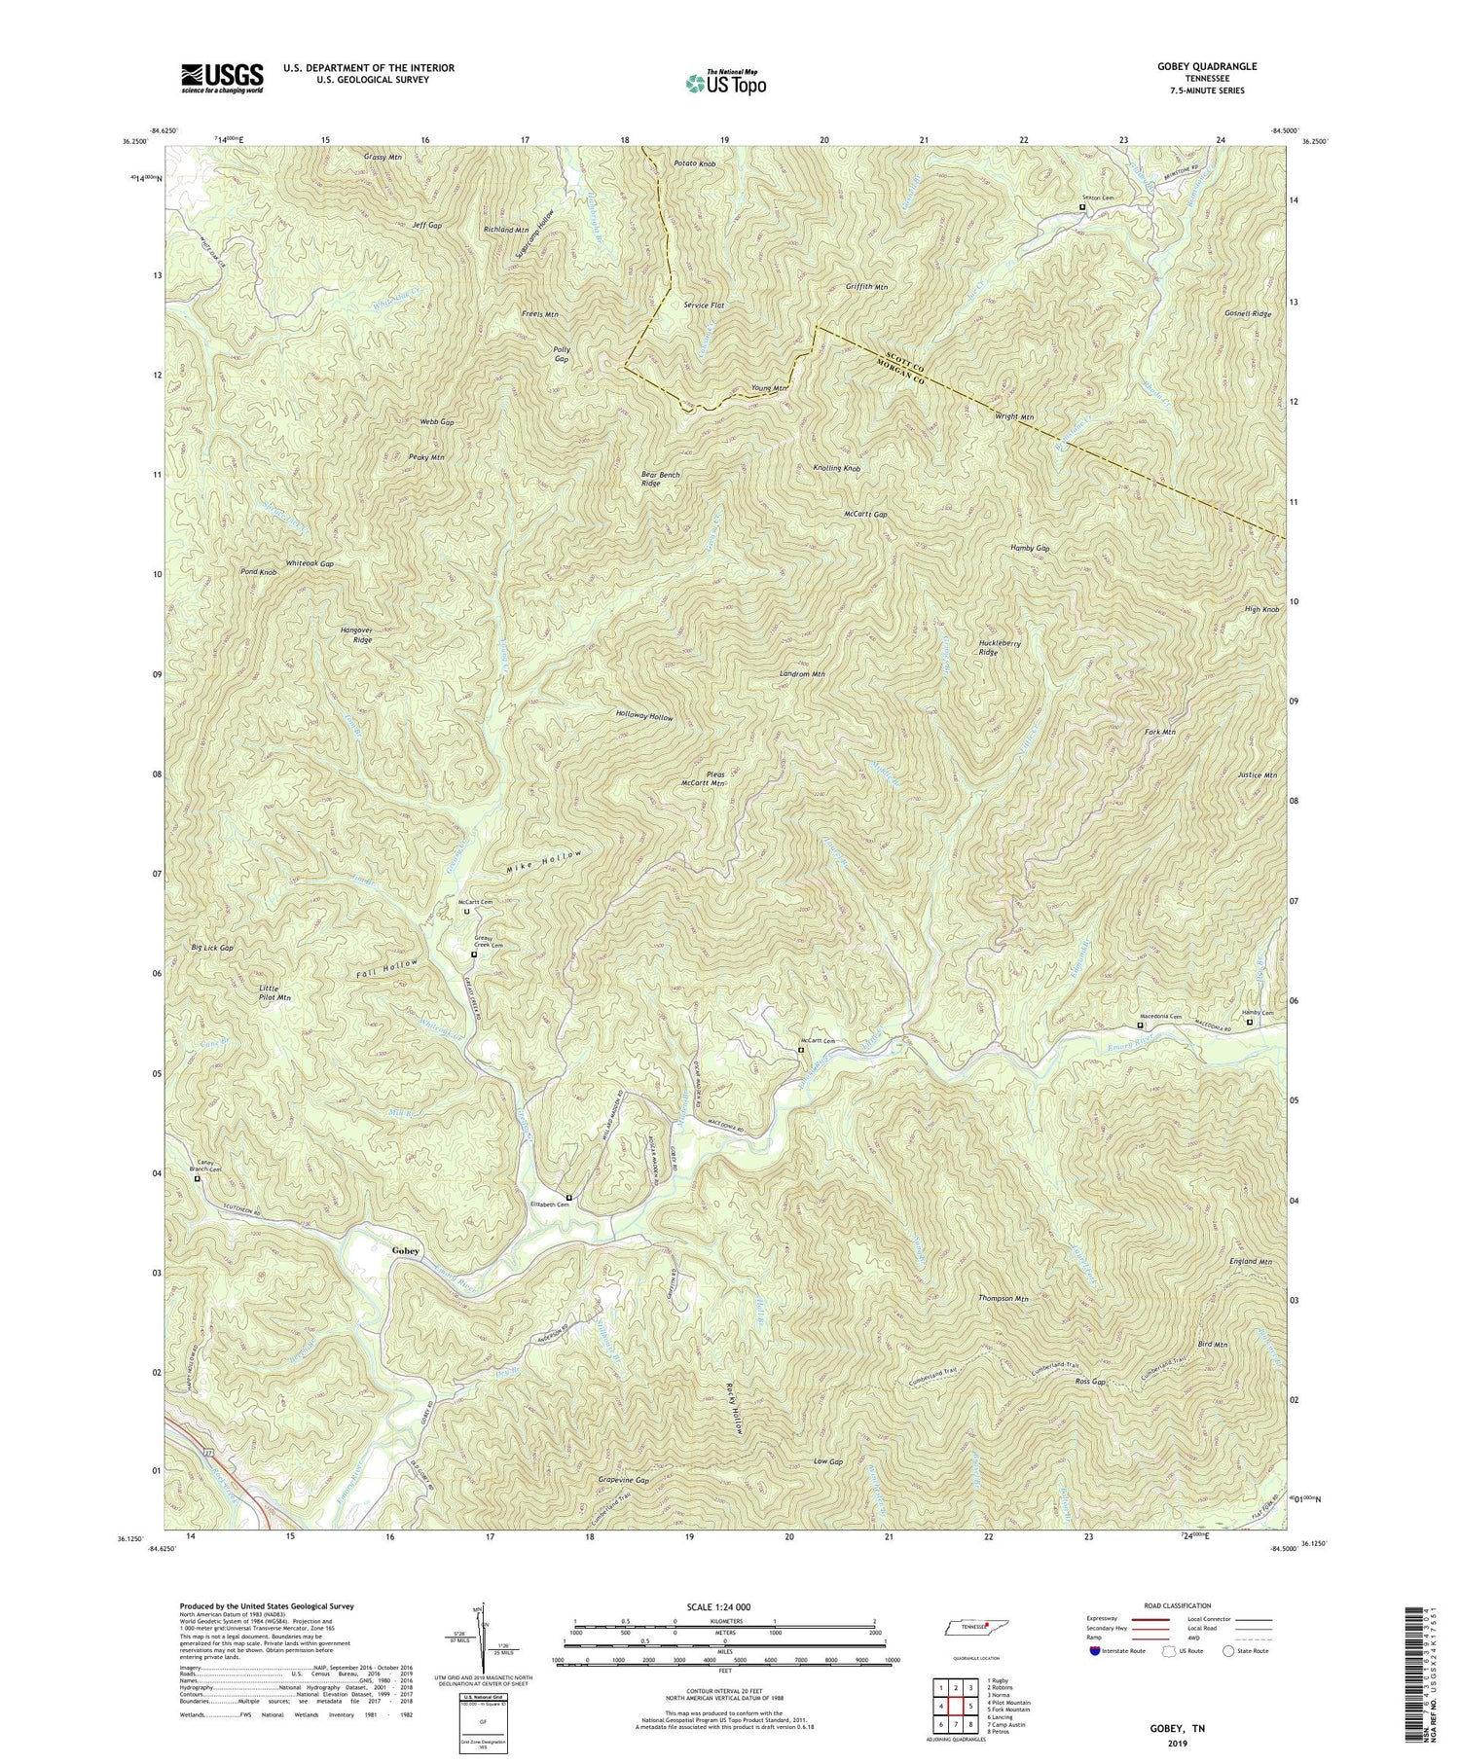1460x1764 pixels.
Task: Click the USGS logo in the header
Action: (x=222, y=78)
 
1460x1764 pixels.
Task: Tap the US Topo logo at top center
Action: (x=725, y=83)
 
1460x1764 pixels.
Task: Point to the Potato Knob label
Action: (x=694, y=164)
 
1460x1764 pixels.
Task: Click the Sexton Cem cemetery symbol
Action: (x=1081, y=206)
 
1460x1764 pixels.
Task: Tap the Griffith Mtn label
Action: (x=866, y=287)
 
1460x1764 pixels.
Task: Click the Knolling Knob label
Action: (x=836, y=468)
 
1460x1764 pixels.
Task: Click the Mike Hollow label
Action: (x=544, y=860)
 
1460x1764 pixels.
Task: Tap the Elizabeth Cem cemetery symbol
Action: (x=569, y=1198)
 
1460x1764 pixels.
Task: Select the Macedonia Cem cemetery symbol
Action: (x=1141, y=1025)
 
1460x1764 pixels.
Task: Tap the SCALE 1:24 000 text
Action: (x=725, y=1606)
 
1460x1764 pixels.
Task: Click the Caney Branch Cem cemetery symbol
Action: (x=198, y=1178)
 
